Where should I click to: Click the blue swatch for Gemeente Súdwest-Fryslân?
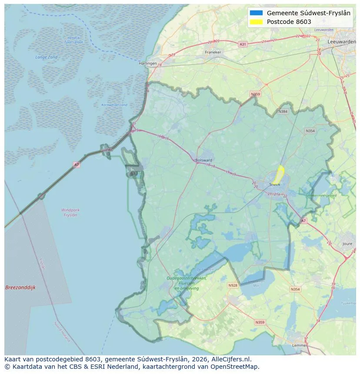pyautogui.click(x=257, y=13)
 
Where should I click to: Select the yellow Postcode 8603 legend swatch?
pyautogui.click(x=257, y=22)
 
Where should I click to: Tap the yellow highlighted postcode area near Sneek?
pyautogui.click(x=279, y=175)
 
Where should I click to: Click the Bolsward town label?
pyautogui.click(x=204, y=160)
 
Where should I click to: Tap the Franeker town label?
pyautogui.click(x=213, y=52)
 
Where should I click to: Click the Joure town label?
pyautogui.click(x=347, y=244)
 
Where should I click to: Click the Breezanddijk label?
pyautogui.click(x=20, y=288)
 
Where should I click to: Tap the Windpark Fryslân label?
pyautogui.click(x=70, y=212)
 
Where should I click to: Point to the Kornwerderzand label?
pyautogui.click(x=114, y=105)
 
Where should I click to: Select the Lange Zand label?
pyautogui.click(x=46, y=57)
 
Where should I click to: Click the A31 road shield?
pyautogui.click(x=243, y=44)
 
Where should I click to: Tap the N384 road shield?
pyautogui.click(x=283, y=112)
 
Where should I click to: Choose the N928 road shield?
pyautogui.click(x=233, y=285)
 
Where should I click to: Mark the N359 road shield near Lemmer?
pyautogui.click(x=260, y=322)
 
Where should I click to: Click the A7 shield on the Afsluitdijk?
pyautogui.click(x=77, y=165)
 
